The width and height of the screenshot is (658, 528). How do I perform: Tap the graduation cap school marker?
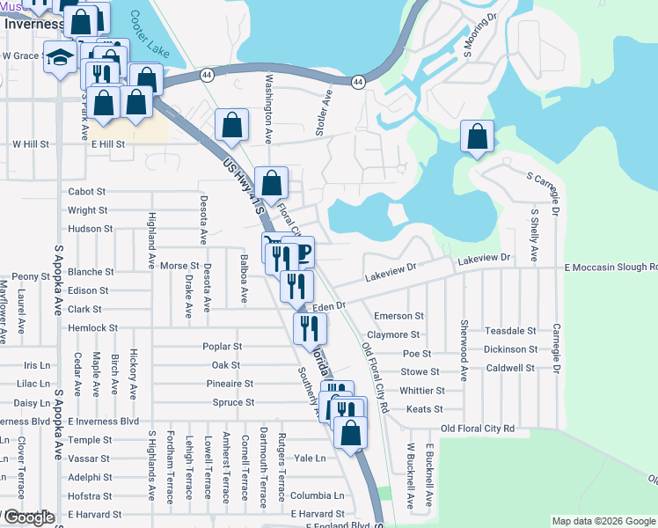pos(61,58)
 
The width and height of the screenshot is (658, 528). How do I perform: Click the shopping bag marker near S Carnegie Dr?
pos(477,137)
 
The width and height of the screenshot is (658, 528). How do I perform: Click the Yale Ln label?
pos(310,458)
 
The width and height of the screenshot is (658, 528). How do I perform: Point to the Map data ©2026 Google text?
pos(603,521)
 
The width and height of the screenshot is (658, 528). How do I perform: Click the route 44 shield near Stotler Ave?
pos(357,81)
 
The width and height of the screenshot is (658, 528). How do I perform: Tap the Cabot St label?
pos(87,191)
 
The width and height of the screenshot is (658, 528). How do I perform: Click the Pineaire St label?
pos(231,384)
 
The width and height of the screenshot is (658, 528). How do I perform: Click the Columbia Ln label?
pos(318,495)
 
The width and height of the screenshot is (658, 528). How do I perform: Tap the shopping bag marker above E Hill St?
pos(231,127)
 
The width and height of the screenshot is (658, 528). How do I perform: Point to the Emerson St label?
pos(398,315)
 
